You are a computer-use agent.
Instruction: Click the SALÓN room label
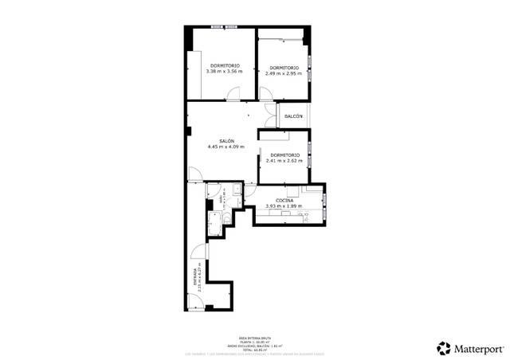click(226, 141)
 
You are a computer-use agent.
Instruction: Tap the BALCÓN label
click(293, 116)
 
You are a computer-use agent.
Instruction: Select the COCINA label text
click(284, 200)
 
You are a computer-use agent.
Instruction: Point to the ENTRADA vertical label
click(194, 281)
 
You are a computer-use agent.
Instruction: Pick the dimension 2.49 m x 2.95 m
click(284, 72)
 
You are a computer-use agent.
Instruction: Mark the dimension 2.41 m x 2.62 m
click(284, 160)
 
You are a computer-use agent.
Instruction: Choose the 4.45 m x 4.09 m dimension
click(226, 147)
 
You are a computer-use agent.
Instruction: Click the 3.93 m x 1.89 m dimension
click(284, 206)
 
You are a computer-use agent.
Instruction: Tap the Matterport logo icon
click(443, 348)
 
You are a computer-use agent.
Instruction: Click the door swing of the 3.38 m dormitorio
click(232, 96)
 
